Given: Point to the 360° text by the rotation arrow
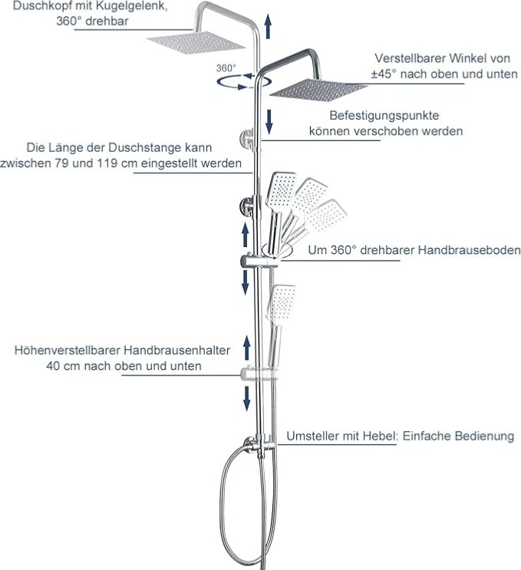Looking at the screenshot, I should pyautogui.click(x=226, y=68).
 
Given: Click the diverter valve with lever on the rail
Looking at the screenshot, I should pyautogui.click(x=256, y=446).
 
